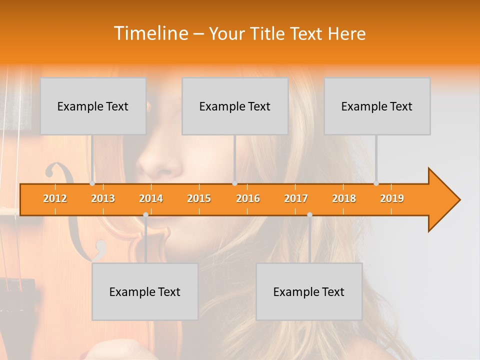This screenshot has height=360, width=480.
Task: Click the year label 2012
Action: tap(55, 198)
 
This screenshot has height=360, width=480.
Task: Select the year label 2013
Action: tap(103, 198)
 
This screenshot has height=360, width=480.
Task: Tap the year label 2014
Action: tap(151, 198)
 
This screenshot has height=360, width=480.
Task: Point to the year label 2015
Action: tap(199, 198)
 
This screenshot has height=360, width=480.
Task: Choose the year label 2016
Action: tap(248, 198)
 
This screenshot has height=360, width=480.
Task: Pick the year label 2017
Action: tap(296, 198)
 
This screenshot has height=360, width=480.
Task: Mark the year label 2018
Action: tap(344, 198)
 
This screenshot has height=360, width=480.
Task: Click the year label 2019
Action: tap(392, 198)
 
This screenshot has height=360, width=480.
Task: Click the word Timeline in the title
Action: tap(150, 33)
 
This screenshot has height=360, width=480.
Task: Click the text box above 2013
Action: tap(93, 106)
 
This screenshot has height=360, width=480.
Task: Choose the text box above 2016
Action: tap(235, 106)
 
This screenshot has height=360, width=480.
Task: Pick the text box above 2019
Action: tap(377, 106)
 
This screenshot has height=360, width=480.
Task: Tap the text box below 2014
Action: tap(145, 291)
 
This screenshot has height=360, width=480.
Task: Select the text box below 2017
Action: tap(309, 291)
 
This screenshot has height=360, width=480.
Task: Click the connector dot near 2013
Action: tap(92, 183)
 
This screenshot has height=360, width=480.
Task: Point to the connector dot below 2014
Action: tap(145, 214)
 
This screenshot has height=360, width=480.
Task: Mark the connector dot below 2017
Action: tap(309, 214)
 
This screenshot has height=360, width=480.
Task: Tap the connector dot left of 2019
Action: tap(376, 183)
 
